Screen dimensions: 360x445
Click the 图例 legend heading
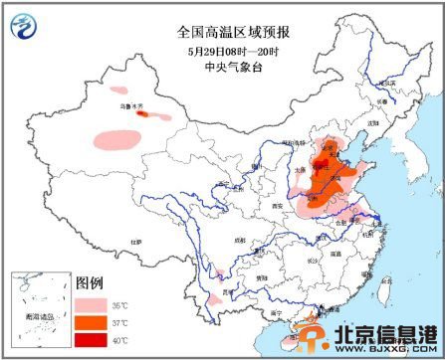(x=91, y=280)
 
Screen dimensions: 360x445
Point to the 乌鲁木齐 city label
(x=129, y=104)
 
